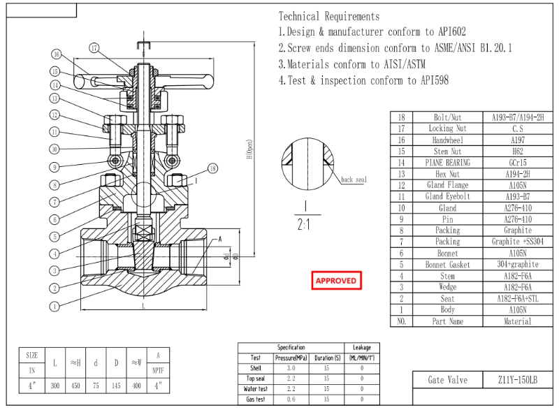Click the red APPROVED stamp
point(336,281)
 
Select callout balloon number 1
point(54,305)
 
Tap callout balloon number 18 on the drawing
point(213,168)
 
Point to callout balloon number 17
point(95,47)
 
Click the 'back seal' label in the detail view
point(354,180)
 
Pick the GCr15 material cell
point(518,162)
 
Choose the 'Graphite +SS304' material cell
point(518,242)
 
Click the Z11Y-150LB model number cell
point(518,380)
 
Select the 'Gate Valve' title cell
point(448,380)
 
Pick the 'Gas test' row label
point(255,399)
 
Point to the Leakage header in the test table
point(361,347)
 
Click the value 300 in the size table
point(55,386)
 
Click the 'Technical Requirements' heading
point(329,16)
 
